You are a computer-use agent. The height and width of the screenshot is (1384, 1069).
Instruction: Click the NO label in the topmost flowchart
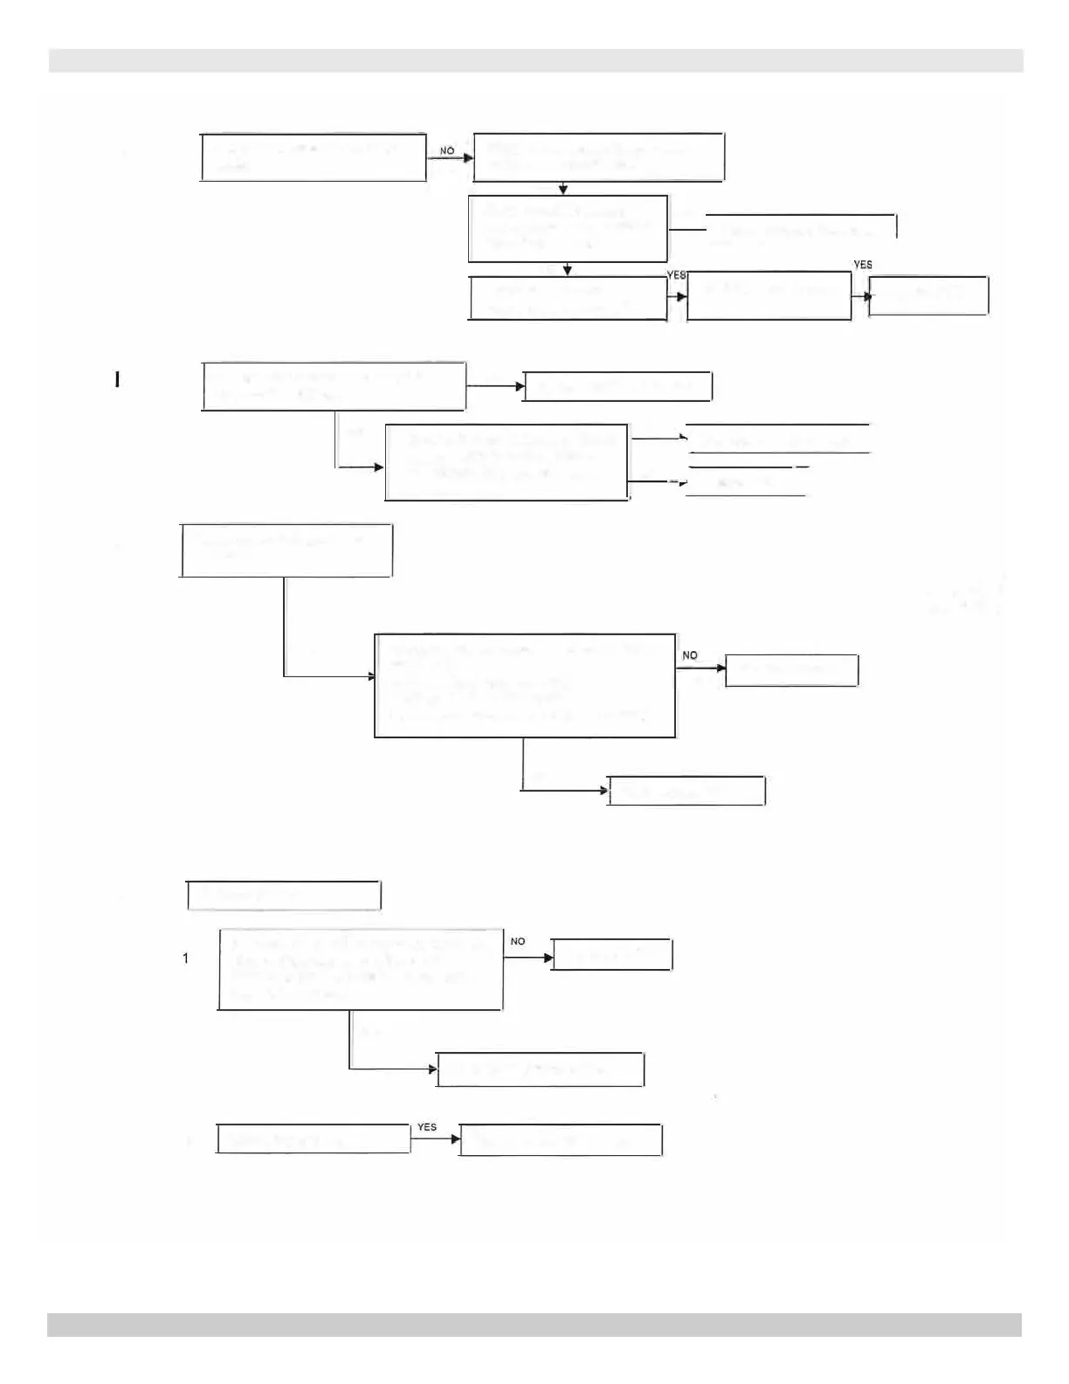[x=447, y=151]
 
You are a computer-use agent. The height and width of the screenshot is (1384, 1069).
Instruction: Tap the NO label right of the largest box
[x=690, y=655]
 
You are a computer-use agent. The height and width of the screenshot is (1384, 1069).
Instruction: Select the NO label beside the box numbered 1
[x=518, y=941]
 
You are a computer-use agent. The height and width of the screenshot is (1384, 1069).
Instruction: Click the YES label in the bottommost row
[x=426, y=1127]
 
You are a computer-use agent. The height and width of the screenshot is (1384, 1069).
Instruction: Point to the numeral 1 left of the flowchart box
[x=185, y=958]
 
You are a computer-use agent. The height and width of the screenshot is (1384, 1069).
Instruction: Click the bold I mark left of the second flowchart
[x=116, y=379]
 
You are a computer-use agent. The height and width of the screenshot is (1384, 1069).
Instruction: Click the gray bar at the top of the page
[x=535, y=60]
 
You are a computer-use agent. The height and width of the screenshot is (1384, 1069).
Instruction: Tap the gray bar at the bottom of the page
[x=534, y=1325]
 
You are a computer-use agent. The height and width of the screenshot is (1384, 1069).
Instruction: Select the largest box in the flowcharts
[x=525, y=685]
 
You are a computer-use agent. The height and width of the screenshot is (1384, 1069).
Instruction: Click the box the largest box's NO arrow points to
[x=791, y=670]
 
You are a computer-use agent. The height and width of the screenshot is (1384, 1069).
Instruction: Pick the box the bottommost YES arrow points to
[x=561, y=1140]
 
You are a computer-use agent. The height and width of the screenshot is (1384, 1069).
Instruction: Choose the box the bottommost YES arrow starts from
[x=313, y=1140]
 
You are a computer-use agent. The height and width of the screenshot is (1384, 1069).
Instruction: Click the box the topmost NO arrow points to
[x=598, y=157]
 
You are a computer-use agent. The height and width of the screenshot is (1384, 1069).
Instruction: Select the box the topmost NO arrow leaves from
[x=314, y=157]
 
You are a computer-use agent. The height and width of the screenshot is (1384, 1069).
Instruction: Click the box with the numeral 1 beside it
[x=360, y=969]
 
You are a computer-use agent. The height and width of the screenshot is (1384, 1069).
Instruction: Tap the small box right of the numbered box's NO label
[x=612, y=955]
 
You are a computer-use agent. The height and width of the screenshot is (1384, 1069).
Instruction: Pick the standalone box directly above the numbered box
[x=284, y=896]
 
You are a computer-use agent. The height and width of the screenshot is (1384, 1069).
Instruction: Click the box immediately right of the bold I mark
[x=334, y=385]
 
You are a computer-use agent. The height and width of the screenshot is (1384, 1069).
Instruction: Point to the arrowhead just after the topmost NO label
[x=468, y=159]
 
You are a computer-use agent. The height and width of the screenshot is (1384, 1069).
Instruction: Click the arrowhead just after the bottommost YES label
[x=454, y=1139]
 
